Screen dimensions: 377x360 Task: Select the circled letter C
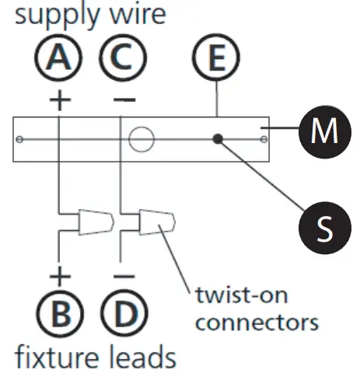point(121,58)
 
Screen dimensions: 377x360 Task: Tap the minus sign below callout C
point(121,99)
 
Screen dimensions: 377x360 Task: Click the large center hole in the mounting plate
point(142,140)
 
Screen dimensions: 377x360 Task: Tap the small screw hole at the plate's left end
point(20,140)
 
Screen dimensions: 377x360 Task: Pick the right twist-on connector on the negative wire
point(157,223)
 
